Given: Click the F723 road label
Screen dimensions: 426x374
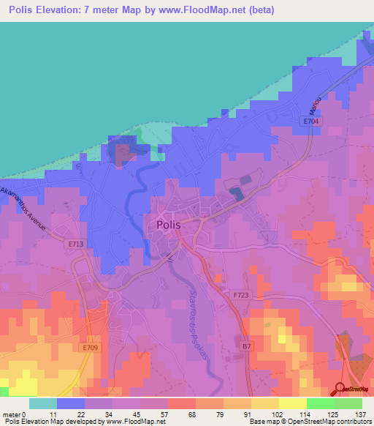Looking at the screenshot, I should click(x=242, y=295).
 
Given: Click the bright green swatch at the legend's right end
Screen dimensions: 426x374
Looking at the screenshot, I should click(x=348, y=403).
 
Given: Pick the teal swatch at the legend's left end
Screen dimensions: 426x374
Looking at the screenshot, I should click(x=42, y=403).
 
